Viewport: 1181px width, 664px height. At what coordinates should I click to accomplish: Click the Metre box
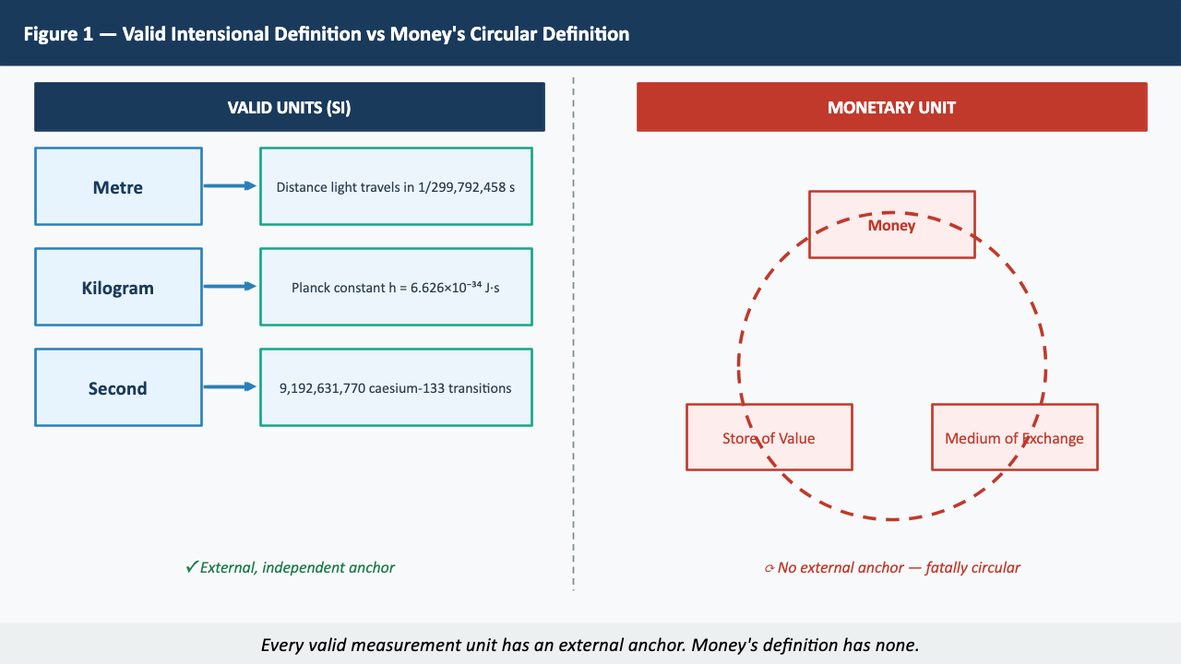[x=118, y=186]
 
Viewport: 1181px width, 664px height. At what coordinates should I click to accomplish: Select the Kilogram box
[x=118, y=287]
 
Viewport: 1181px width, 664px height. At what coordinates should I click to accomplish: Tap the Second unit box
[x=118, y=387]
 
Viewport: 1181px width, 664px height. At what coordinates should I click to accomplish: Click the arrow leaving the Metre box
[x=230, y=186]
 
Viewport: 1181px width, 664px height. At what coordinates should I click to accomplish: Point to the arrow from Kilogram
[x=230, y=287]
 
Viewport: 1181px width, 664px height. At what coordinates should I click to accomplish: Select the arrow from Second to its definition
[x=230, y=387]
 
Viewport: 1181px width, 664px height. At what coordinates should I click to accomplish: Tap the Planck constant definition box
[x=396, y=287]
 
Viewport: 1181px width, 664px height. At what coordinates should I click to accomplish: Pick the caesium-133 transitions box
[x=396, y=387]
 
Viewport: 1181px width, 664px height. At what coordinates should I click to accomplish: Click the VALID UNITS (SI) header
[x=289, y=107]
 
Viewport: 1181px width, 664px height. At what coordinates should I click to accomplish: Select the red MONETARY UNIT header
[x=891, y=107]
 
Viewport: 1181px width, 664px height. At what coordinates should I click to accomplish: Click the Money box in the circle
[x=891, y=224]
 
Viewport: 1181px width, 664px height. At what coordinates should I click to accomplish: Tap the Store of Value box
[x=769, y=437]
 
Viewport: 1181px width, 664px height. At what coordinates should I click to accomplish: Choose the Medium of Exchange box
[x=1014, y=437]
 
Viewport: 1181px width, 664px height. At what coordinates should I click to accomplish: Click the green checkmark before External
[x=192, y=567]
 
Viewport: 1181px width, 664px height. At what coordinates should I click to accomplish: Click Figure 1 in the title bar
[x=59, y=34]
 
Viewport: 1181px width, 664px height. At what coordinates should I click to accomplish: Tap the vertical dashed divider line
[x=573, y=332]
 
